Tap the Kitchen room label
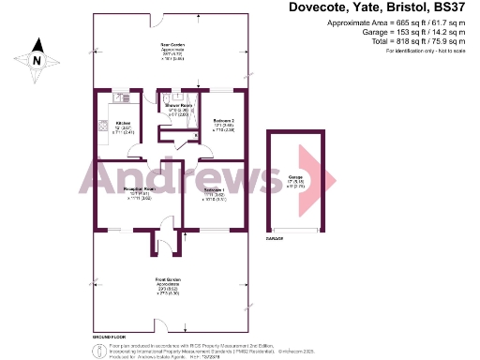tap(122, 123)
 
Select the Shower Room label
tap(178, 106)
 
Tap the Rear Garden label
tap(171, 44)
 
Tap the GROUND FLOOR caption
tap(109, 335)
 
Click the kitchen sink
tap(120, 97)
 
